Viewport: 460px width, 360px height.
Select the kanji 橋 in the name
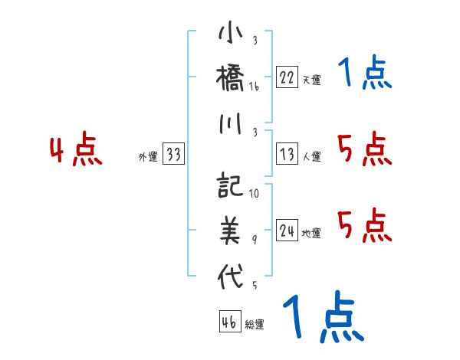pos(231,79)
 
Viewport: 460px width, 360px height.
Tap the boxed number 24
pos(287,231)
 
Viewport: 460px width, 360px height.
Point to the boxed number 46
pos(229,322)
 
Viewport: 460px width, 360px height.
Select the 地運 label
pos(311,233)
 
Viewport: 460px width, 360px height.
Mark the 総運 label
pos(255,324)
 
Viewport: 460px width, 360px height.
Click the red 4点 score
pos(76,150)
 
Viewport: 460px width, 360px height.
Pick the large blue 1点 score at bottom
pos(323,317)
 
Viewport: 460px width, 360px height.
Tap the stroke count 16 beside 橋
pos(254,88)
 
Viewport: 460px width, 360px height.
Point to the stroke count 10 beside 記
pos(254,194)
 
